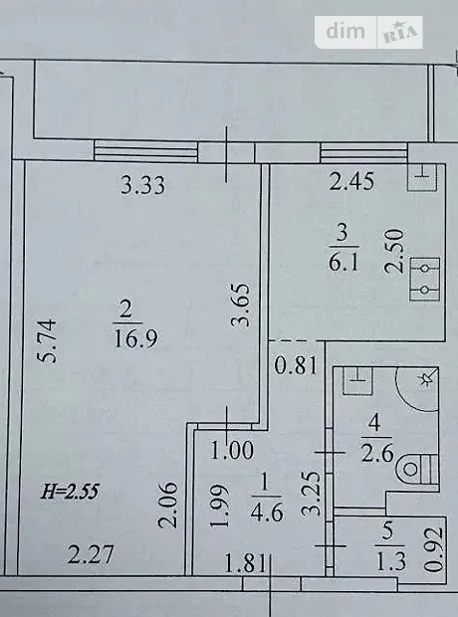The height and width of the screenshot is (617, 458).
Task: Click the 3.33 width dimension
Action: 142,185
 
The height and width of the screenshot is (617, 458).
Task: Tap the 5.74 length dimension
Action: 46,341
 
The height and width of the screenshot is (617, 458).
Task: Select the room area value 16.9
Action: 135,338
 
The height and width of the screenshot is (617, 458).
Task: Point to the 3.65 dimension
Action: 240,305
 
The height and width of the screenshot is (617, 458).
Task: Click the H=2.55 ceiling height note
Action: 70,492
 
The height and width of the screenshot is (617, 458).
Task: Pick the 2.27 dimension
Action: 91,554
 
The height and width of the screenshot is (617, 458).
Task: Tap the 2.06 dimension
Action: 167,506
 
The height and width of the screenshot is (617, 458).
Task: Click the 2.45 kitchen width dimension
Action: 351,182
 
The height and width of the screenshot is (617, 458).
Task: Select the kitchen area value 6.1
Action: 343,263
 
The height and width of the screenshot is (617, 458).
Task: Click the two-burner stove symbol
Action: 425,279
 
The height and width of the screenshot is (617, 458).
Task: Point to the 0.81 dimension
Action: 296,365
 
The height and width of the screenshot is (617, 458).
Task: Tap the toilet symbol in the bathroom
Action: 418,469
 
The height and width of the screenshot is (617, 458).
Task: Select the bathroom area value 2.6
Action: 378,454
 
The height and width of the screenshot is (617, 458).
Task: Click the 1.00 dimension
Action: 232,451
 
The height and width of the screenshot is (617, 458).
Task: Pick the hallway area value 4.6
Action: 268,514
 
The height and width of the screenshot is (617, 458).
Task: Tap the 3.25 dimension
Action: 311,494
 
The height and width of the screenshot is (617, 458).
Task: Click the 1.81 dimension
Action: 246,563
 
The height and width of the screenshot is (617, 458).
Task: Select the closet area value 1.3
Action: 391,561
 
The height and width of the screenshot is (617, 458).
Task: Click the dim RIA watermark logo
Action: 368,32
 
